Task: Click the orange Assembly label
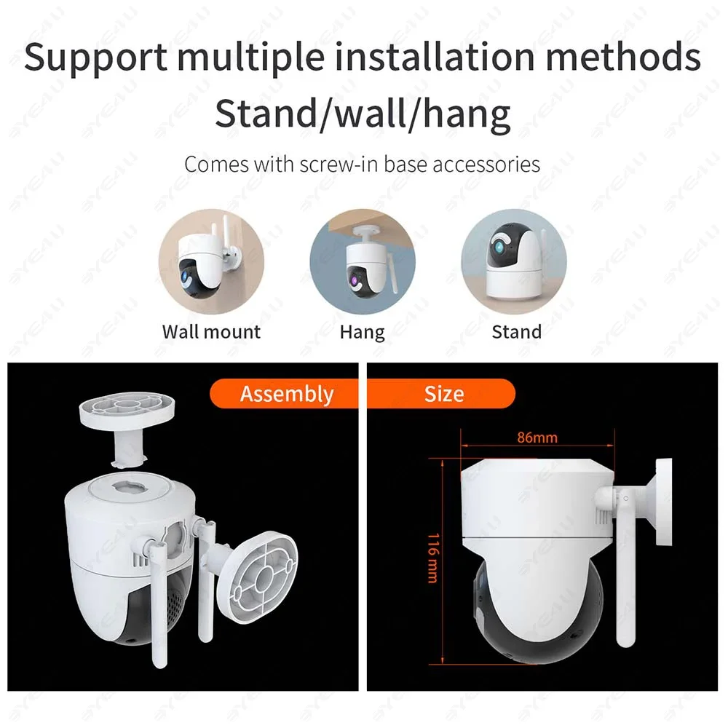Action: tap(287, 394)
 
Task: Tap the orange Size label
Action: tap(443, 394)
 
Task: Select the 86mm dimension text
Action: tap(537, 438)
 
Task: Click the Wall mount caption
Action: tap(211, 332)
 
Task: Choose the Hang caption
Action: tap(362, 332)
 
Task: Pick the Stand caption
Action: tap(516, 332)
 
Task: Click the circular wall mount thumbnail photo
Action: tap(212, 262)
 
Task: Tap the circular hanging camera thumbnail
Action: tap(363, 262)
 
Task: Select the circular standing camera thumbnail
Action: tap(514, 262)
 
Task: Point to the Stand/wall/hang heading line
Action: tap(362, 114)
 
